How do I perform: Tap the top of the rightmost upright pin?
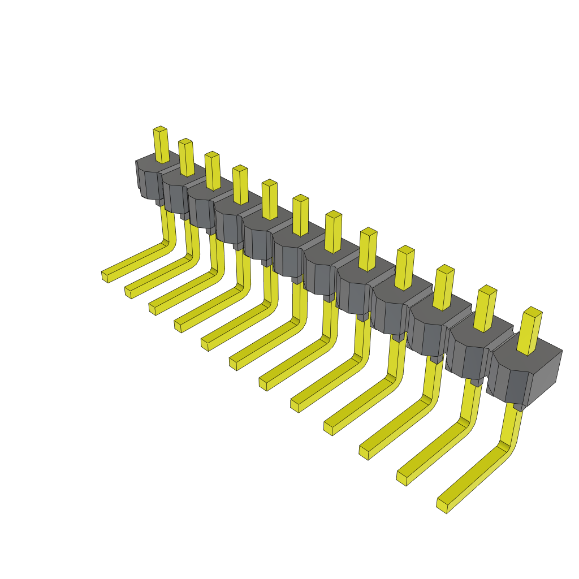pyautogui.click(x=532, y=311)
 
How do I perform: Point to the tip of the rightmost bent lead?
pyautogui.click(x=442, y=505)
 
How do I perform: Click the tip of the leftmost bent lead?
pyautogui.click(x=105, y=276)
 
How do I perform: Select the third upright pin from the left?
pyautogui.click(x=213, y=171)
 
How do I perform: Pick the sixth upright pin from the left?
pyautogui.click(x=300, y=215)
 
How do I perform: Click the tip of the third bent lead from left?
pyautogui.click(x=153, y=309)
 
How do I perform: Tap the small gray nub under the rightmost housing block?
pyautogui.click(x=519, y=407)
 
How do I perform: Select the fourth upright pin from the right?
pyautogui.click(x=405, y=268)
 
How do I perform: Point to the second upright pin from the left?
pyautogui.click(x=186, y=158)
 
